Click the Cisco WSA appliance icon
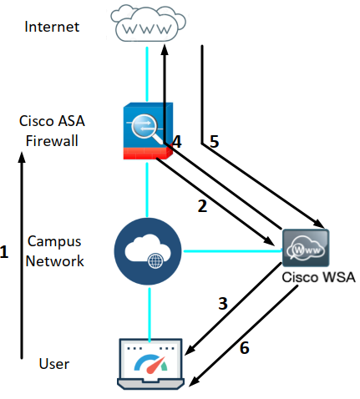point(306,248)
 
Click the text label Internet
point(52,27)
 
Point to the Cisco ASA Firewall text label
point(52,130)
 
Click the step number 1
point(5,251)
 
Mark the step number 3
point(222,304)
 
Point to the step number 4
point(175,143)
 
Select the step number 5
point(214,142)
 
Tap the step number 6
point(244,348)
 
